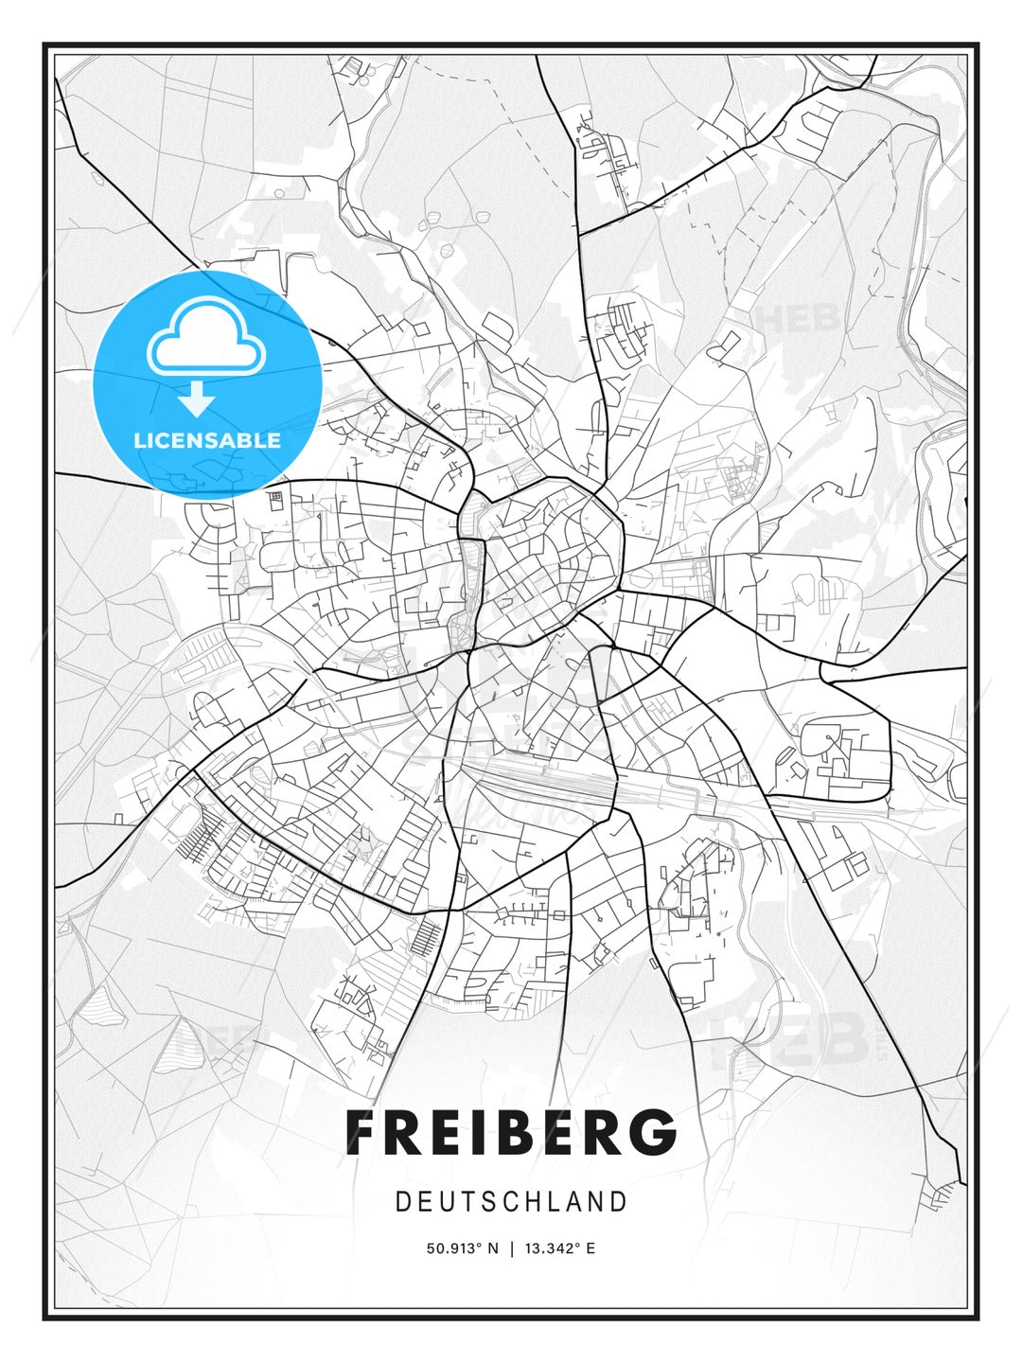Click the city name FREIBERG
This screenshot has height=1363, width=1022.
(x=511, y=1132)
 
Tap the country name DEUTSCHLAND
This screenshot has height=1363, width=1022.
(x=511, y=1202)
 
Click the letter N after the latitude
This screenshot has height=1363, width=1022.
(x=492, y=1248)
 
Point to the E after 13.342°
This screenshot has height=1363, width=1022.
(x=590, y=1248)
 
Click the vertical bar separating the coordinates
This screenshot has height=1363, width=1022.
(x=512, y=1248)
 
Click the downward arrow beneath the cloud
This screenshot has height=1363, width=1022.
(x=197, y=399)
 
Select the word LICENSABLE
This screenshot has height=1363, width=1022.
(x=207, y=440)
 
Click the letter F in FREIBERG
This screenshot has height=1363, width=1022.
(x=361, y=1132)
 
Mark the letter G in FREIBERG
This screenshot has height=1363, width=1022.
(x=653, y=1132)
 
